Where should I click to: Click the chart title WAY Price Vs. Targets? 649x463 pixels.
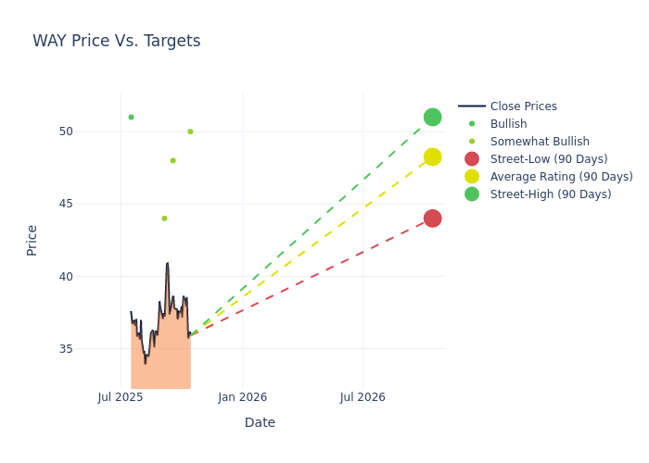[x=116, y=41]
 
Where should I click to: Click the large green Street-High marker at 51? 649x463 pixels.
[x=432, y=117]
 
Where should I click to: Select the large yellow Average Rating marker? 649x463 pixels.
[x=432, y=157]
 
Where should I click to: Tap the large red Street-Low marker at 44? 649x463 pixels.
[x=432, y=219]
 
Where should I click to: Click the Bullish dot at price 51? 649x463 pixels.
[x=131, y=117]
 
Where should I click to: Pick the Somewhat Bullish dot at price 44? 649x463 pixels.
[x=164, y=219]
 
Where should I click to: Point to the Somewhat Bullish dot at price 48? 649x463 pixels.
[x=172, y=160]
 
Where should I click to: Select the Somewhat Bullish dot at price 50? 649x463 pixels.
[x=190, y=131]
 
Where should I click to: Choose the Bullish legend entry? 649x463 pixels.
[x=508, y=124]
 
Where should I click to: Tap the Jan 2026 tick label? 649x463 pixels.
[x=243, y=397]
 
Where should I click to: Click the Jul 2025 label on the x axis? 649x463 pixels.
[x=121, y=397]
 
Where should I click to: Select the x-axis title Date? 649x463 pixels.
[x=260, y=423]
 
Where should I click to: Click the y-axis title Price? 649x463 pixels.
[x=32, y=240]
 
